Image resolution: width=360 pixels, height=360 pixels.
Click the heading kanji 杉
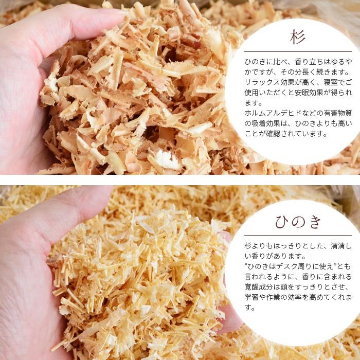[x=298, y=37]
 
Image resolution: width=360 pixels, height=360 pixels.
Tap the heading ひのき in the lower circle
[x=298, y=222]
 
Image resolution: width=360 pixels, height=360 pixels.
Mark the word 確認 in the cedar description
[x=272, y=134]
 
